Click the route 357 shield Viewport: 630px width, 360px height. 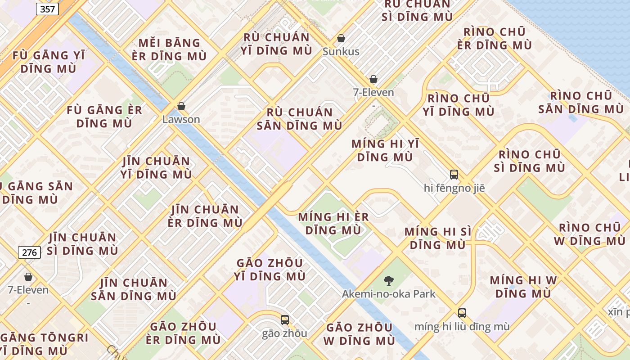point(47,9)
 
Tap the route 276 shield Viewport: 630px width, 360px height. point(30,252)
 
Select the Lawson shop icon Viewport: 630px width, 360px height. point(181,107)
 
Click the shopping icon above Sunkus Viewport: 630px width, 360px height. point(341,38)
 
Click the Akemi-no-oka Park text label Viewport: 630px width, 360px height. point(389,294)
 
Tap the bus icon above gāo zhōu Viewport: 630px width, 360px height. point(285,320)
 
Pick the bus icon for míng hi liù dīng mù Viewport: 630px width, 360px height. point(462,313)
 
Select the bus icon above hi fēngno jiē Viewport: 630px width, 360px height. point(454,175)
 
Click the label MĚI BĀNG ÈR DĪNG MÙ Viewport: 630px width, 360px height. point(169,49)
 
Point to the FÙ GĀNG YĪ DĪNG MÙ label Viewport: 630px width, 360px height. point(49,62)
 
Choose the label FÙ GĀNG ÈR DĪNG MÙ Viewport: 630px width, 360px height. point(104,117)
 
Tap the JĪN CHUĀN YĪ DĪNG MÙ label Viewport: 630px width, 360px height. point(156,167)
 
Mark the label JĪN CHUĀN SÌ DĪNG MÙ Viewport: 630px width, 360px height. point(83,243)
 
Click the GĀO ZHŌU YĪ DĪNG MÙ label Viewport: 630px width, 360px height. point(270,269)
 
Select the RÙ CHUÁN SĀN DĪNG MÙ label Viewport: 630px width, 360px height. point(299,119)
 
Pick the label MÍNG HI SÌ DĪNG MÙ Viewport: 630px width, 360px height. point(438,238)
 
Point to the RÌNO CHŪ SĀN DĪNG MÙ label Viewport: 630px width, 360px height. point(581,103)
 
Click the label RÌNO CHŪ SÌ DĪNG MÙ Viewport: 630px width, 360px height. point(529,161)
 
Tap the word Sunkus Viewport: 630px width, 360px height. point(341,52)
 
